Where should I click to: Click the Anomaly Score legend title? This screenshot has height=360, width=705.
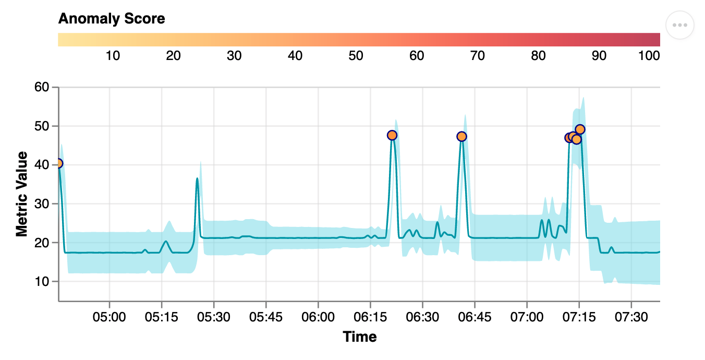(112, 19)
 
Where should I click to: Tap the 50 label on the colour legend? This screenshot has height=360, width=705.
(356, 56)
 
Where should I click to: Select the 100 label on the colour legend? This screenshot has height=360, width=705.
(649, 56)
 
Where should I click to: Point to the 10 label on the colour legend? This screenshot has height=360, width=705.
(113, 56)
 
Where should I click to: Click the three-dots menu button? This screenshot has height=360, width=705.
(680, 25)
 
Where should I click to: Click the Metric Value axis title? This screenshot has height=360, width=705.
(21, 194)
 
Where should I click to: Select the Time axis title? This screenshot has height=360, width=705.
(360, 337)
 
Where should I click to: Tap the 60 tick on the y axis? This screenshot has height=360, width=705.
(42, 88)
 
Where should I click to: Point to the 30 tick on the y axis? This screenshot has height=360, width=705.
(42, 204)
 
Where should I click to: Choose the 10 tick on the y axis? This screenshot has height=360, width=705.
(42, 282)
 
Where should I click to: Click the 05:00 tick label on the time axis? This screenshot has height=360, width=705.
(110, 317)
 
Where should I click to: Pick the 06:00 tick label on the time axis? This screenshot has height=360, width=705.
(318, 317)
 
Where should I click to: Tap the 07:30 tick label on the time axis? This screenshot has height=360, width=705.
(631, 317)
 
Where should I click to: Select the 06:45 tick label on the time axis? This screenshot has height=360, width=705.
(475, 317)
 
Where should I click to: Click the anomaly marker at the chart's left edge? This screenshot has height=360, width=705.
(58, 163)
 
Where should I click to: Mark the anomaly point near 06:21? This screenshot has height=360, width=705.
(392, 135)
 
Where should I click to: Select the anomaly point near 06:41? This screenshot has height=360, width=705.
(461, 136)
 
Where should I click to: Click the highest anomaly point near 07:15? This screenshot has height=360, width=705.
(580, 129)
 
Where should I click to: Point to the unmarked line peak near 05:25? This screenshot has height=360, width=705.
(197, 178)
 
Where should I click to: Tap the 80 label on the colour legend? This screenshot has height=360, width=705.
(538, 56)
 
